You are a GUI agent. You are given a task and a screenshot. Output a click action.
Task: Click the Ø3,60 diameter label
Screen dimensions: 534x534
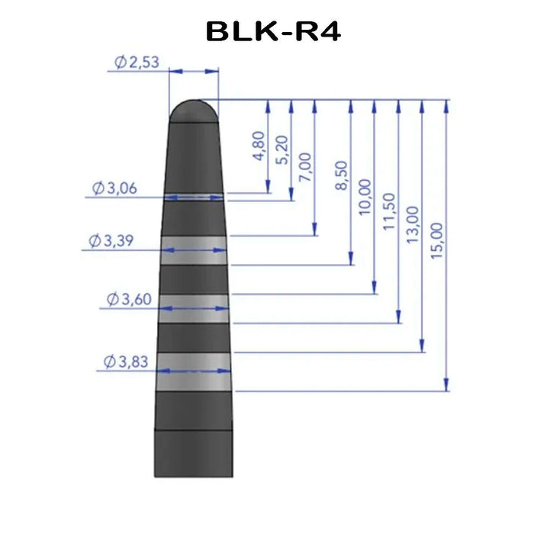(x=127, y=299)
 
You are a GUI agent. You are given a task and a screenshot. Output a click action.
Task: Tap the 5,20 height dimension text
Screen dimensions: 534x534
(x=282, y=150)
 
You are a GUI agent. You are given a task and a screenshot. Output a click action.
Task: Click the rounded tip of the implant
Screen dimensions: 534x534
(x=193, y=111)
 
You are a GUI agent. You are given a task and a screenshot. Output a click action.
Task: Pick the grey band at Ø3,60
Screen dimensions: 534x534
(x=194, y=307)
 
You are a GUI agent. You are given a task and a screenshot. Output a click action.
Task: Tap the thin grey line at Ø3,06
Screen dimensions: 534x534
(x=194, y=196)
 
